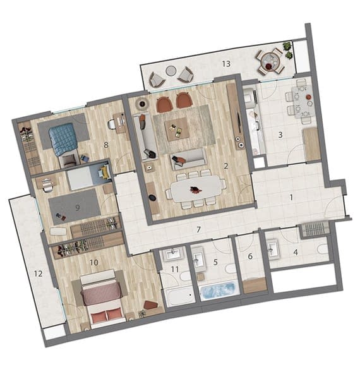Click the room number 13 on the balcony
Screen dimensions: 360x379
226,64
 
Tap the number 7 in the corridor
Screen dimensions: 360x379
198,229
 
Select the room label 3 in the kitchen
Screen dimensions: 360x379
280,135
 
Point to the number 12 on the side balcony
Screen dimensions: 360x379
38,274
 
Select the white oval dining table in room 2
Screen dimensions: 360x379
196,189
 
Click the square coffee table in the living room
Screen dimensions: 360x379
177,129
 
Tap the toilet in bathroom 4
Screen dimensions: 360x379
323,249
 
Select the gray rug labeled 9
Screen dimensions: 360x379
75,207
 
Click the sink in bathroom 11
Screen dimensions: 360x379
173,254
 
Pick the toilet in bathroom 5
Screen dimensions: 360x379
231,268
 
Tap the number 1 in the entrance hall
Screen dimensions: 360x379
291,198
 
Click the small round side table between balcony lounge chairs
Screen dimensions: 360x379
171,71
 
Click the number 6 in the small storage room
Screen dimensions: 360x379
250,256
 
